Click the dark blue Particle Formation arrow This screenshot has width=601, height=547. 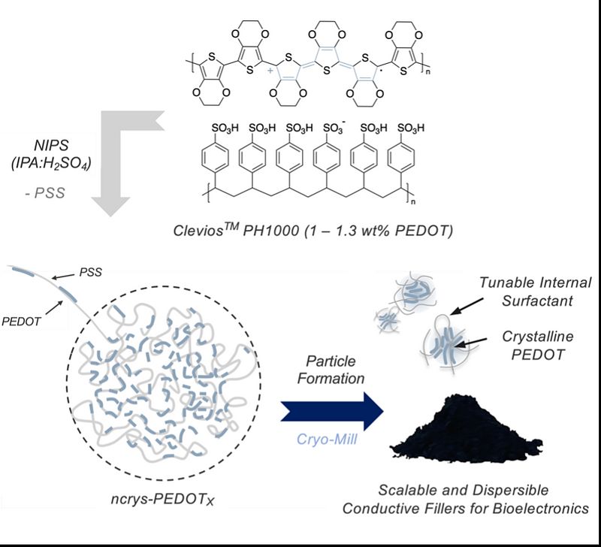click(332, 411)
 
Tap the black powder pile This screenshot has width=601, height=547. click(466, 428)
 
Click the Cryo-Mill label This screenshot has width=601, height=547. click(327, 440)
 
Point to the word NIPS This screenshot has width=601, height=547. click(51, 145)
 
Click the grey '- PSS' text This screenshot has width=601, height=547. click(45, 193)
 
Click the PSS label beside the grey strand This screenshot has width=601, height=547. click(90, 272)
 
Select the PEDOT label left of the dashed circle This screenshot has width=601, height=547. click(21, 322)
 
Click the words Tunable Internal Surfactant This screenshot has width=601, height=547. click(536, 292)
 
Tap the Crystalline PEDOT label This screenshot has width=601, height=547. click(538, 346)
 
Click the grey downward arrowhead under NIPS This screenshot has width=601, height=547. click(111, 206)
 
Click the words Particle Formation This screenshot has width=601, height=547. click(331, 370)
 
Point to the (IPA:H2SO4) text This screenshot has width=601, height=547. click(51, 164)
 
